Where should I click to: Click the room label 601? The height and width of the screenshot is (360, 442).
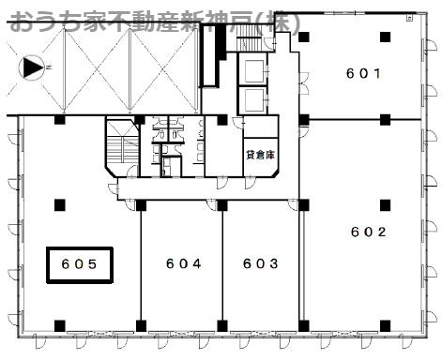pyautogui.click(x=363, y=73)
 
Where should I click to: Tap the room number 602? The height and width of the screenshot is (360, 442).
pyautogui.click(x=368, y=232)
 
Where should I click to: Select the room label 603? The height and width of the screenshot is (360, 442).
pyautogui.click(x=260, y=263)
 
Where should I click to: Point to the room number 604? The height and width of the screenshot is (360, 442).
pyautogui.click(x=183, y=263)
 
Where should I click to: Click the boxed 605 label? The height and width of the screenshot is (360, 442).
pyautogui.click(x=80, y=265)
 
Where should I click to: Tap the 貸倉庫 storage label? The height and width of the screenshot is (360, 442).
pyautogui.click(x=261, y=155)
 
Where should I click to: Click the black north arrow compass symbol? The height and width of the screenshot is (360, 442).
pyautogui.click(x=32, y=67)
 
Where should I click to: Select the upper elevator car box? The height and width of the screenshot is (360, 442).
pyautogui.click(x=254, y=71)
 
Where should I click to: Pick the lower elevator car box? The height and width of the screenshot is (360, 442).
pyautogui.click(x=254, y=100)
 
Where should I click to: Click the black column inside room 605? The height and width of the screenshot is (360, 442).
pyautogui.click(x=60, y=205)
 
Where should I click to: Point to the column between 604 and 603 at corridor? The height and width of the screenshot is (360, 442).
pyautogui.click(x=222, y=205)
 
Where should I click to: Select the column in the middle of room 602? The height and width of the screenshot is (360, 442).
pyautogui.click(x=385, y=205)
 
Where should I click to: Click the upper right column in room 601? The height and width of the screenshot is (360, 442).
pyautogui.click(x=386, y=37)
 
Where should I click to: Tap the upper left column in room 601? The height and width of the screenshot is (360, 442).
pyautogui.click(x=303, y=37)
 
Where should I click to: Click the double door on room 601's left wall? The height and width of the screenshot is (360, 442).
pyautogui.click(x=303, y=83)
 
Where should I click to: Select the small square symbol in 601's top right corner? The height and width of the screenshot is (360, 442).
pyautogui.click(x=409, y=19)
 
